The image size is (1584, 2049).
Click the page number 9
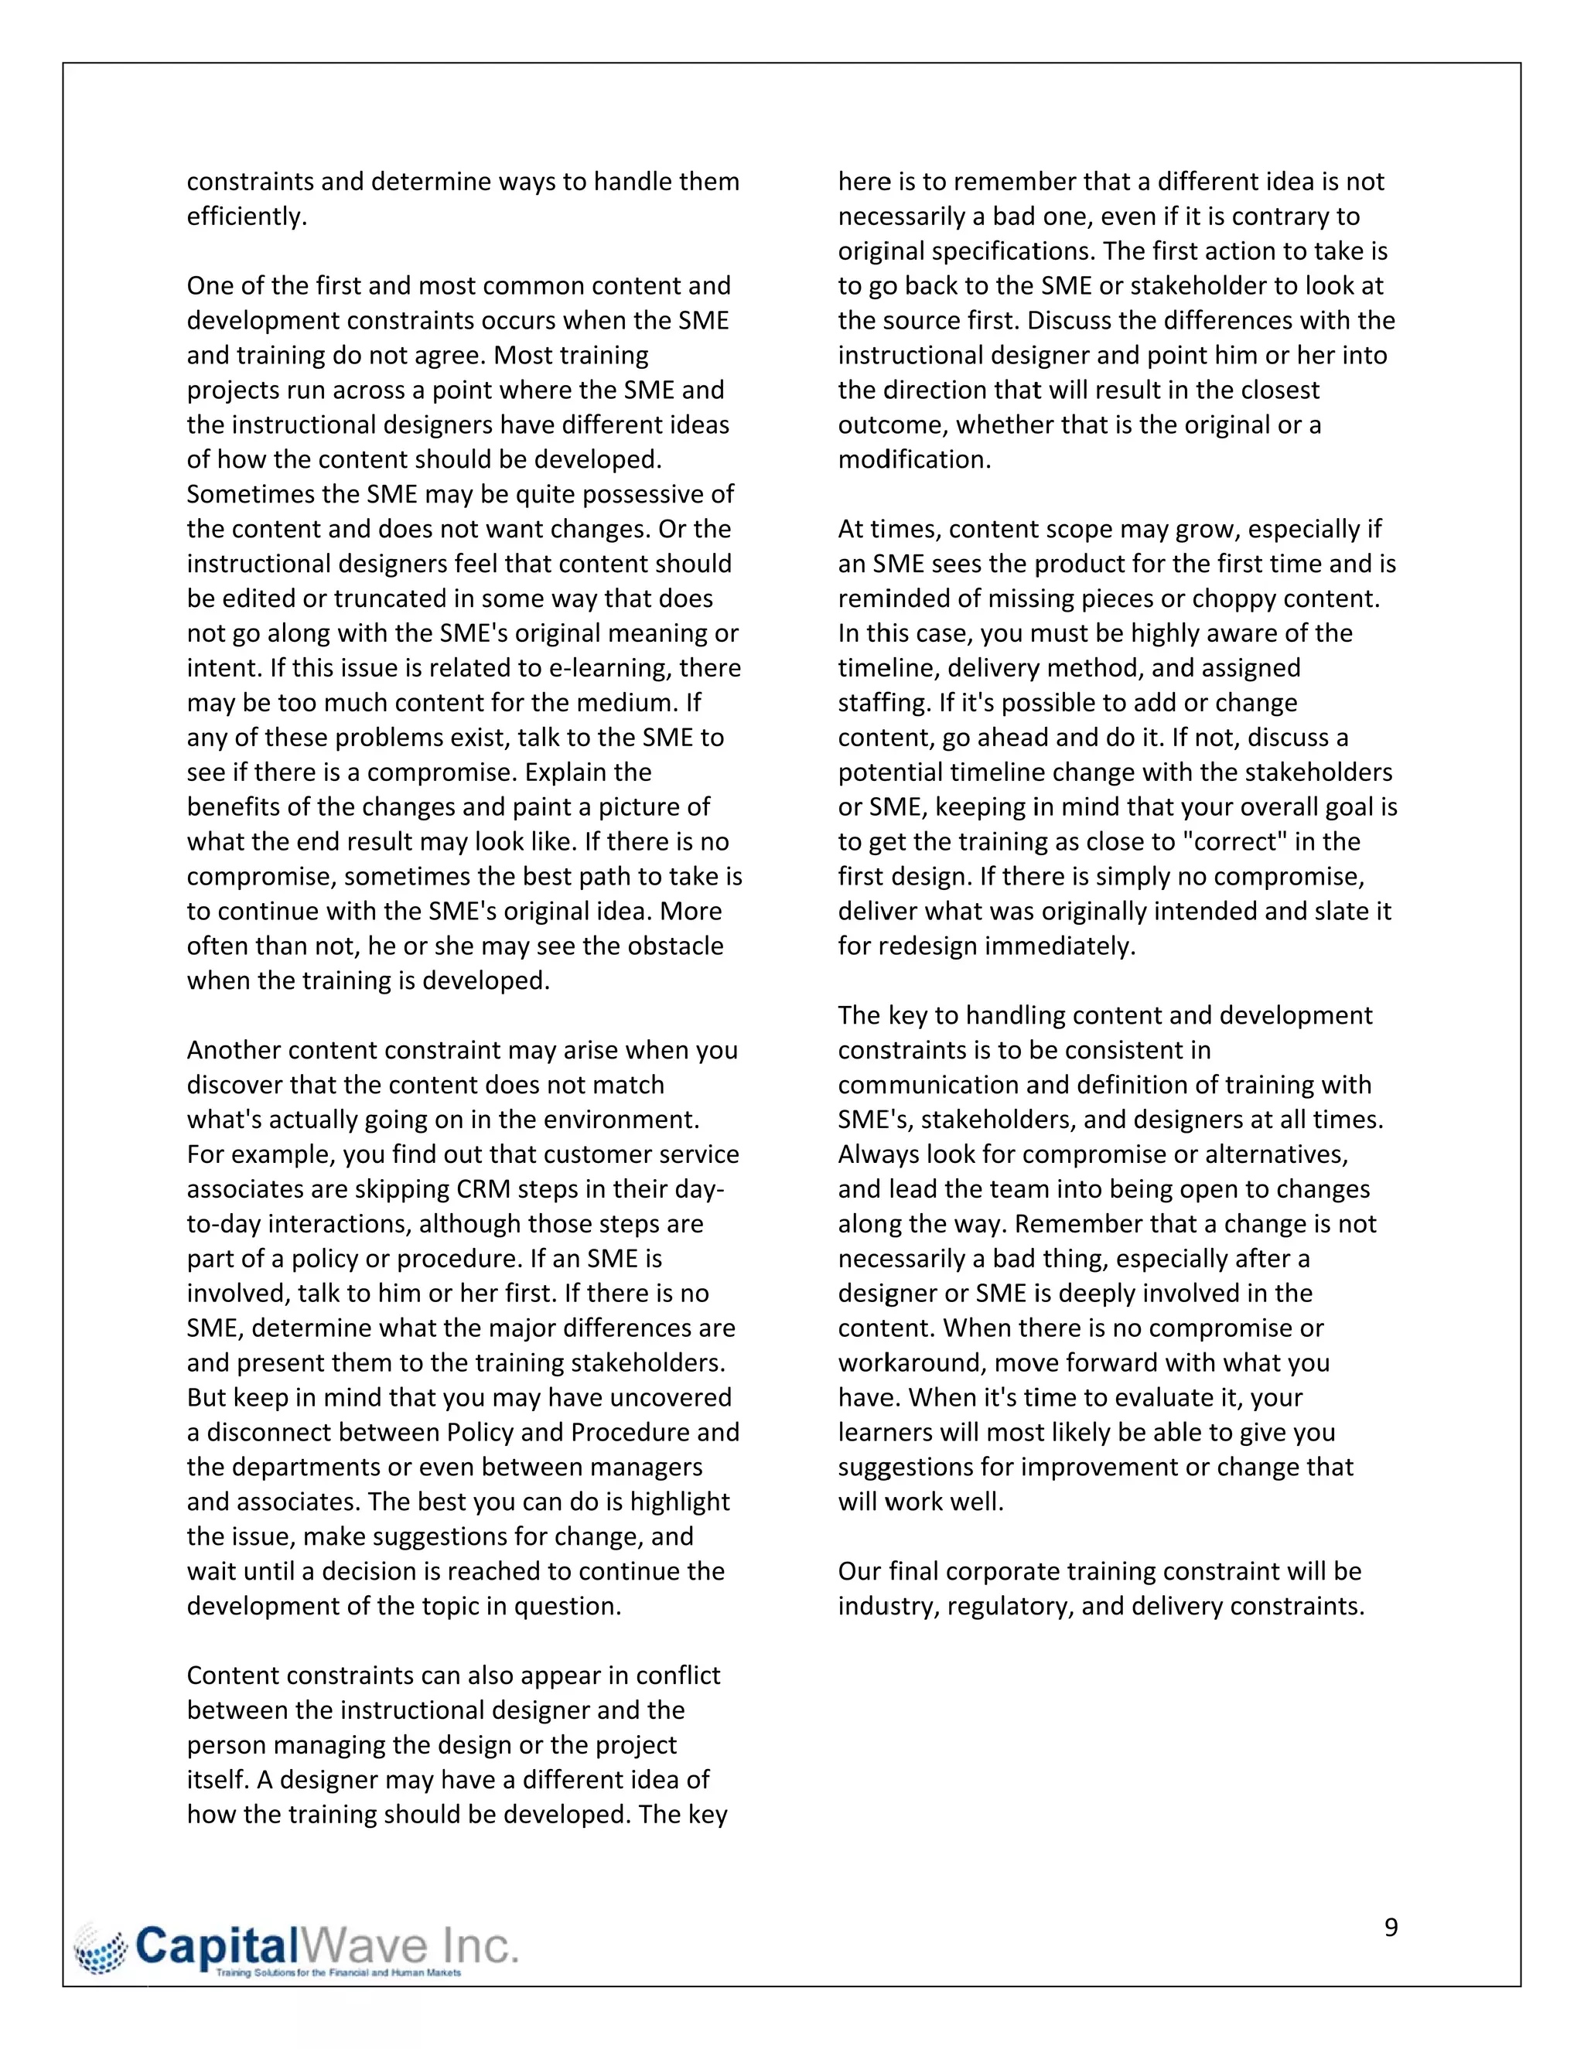1391,1927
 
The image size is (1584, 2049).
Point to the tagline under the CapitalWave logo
338,1973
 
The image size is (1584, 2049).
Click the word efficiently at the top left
246,216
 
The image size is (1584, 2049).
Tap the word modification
913,460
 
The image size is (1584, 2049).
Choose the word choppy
1252,598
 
